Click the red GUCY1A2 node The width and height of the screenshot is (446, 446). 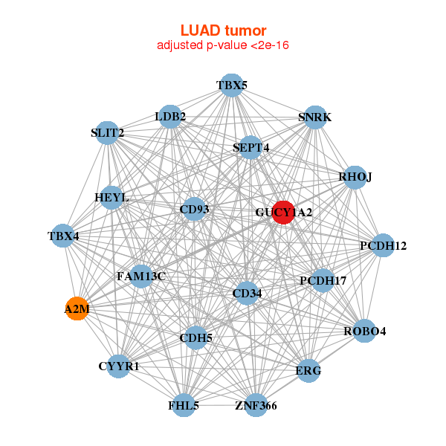(x=283, y=212)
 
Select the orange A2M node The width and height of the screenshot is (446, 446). (x=77, y=308)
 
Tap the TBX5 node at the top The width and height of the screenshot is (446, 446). (x=232, y=85)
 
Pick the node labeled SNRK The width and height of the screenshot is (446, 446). (x=314, y=117)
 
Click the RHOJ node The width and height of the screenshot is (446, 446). (x=355, y=177)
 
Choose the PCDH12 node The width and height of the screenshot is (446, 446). (x=382, y=245)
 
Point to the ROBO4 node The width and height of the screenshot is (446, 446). (x=363, y=331)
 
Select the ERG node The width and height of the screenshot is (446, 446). (x=309, y=370)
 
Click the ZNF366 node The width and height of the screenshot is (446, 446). (x=256, y=405)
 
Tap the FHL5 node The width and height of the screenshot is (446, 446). (x=184, y=405)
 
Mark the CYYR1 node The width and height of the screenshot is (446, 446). (x=119, y=366)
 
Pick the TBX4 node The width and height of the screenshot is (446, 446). (x=64, y=236)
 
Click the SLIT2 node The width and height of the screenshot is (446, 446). (x=108, y=132)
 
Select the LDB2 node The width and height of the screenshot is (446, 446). (x=171, y=116)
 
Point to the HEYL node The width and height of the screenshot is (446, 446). (x=112, y=198)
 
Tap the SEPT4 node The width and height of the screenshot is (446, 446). (x=251, y=147)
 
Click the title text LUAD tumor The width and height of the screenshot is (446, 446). (x=223, y=30)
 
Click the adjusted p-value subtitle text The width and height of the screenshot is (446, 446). (x=223, y=45)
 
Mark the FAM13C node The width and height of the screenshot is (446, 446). (x=141, y=276)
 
